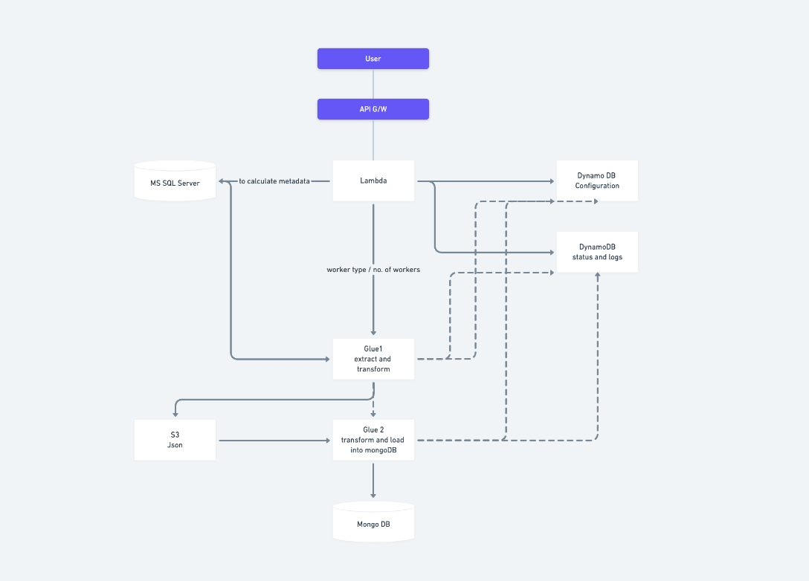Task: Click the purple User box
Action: point(373,59)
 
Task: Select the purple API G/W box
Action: point(373,109)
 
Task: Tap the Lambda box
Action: point(373,181)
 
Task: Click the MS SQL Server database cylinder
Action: point(175,181)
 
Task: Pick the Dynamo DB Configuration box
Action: point(597,181)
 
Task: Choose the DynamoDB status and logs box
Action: point(597,252)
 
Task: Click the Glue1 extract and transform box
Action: point(373,359)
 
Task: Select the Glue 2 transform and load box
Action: point(373,440)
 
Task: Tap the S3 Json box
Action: point(175,440)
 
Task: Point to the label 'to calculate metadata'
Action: point(274,181)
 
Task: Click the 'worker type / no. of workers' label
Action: point(373,270)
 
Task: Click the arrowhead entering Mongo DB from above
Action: point(373,495)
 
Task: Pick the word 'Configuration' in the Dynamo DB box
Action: point(597,186)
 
